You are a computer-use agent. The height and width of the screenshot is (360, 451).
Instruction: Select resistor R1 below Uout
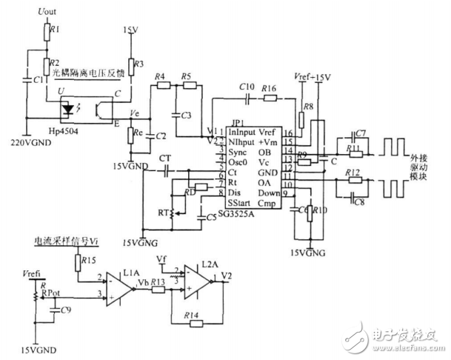tap(45, 32)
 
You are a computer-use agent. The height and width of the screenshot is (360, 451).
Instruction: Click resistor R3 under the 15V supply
tap(130, 65)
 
